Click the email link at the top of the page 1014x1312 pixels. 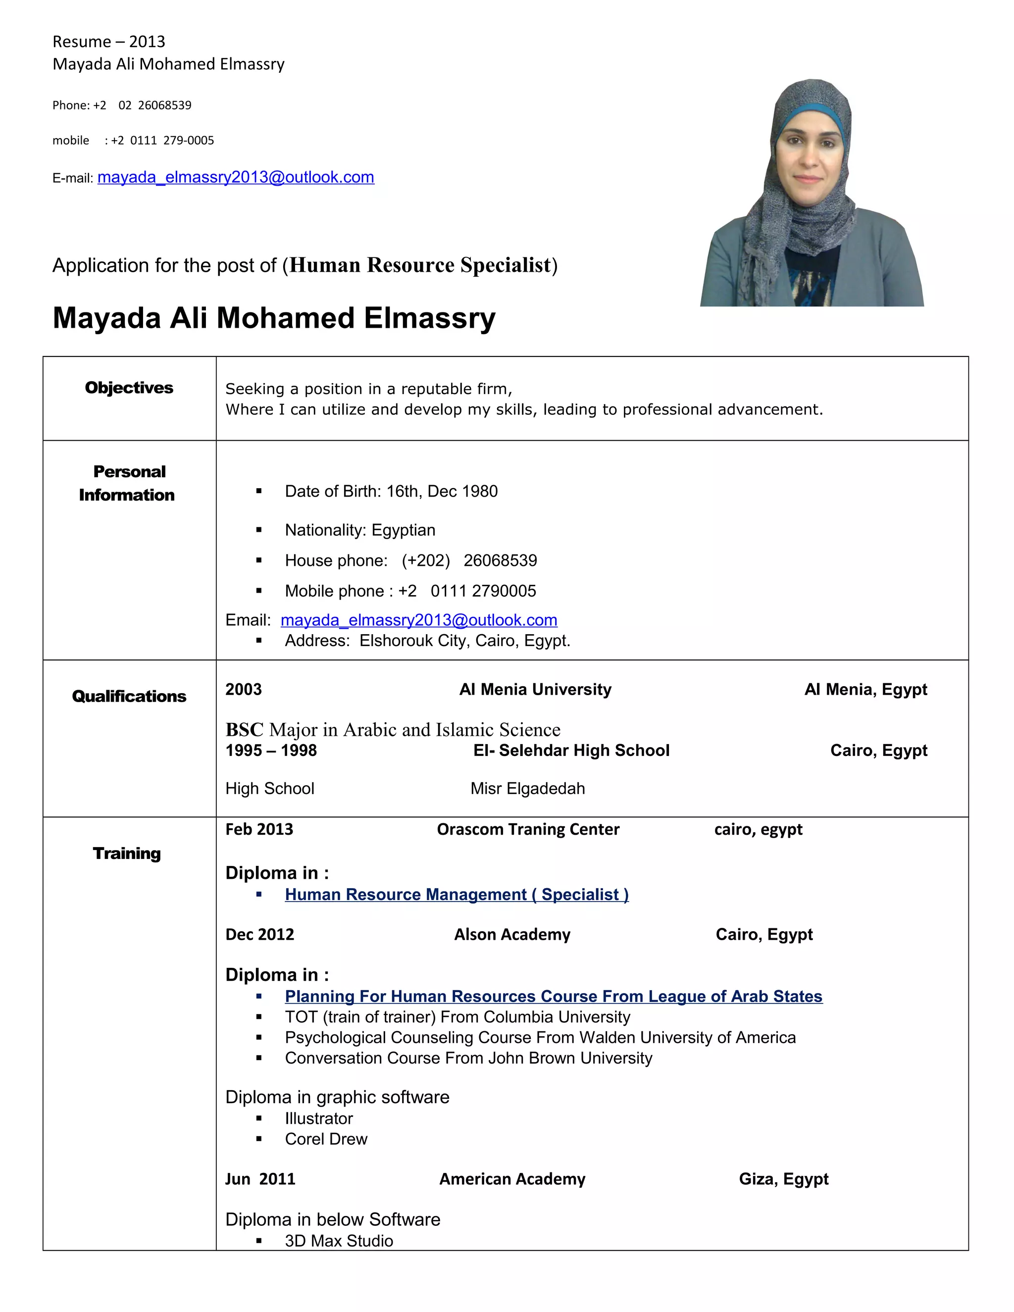236,177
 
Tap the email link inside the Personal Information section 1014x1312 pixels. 419,620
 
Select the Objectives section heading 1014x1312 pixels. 129,388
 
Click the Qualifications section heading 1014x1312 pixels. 129,696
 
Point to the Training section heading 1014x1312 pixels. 127,853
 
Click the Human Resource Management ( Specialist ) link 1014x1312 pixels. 456,895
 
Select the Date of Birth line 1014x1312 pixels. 391,492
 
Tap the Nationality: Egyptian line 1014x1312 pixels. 360,530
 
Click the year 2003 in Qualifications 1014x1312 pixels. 243,690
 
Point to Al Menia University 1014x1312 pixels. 535,690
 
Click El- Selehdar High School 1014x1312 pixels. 571,750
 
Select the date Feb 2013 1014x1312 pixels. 259,830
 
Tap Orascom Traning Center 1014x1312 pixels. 527,830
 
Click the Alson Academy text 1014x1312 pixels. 512,935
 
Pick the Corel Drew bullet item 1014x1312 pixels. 326,1139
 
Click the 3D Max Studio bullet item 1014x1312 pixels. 339,1241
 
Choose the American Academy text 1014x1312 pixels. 512,1179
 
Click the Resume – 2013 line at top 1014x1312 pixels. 109,42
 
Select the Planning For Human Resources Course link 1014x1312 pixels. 553,996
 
